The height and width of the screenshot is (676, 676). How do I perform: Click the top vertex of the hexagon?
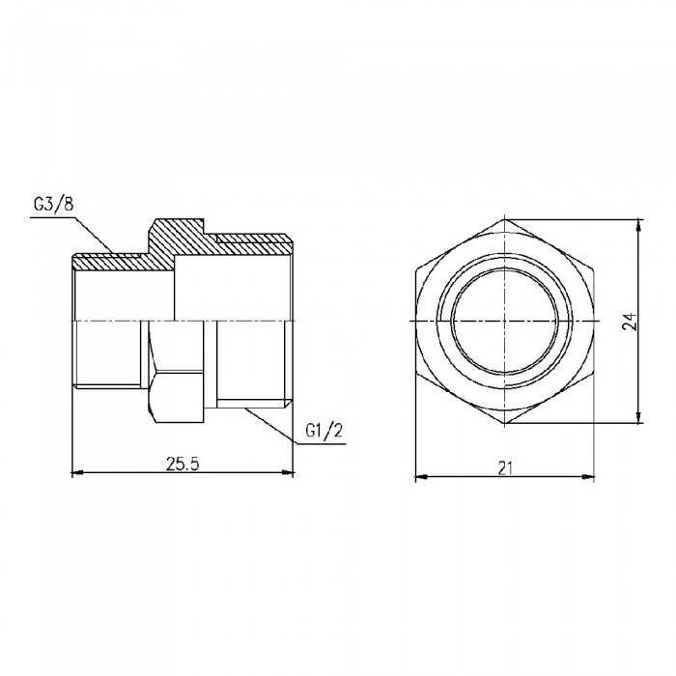[505, 219]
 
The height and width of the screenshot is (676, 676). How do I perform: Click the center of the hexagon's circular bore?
[505, 320]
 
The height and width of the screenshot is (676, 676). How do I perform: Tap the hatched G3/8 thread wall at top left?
[106, 261]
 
